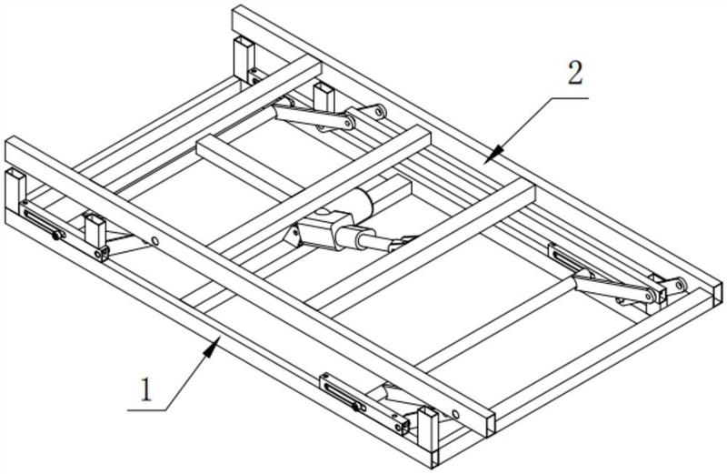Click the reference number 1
(146, 390)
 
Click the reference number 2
(575, 74)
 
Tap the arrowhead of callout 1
(214, 347)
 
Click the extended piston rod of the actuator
(376, 240)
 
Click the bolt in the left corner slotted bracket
(56, 236)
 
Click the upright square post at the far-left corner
(15, 186)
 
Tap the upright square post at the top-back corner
(244, 58)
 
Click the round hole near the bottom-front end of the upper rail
(456, 414)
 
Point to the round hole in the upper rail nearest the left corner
(154, 241)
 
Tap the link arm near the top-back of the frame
(314, 117)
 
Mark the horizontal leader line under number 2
(570, 98)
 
